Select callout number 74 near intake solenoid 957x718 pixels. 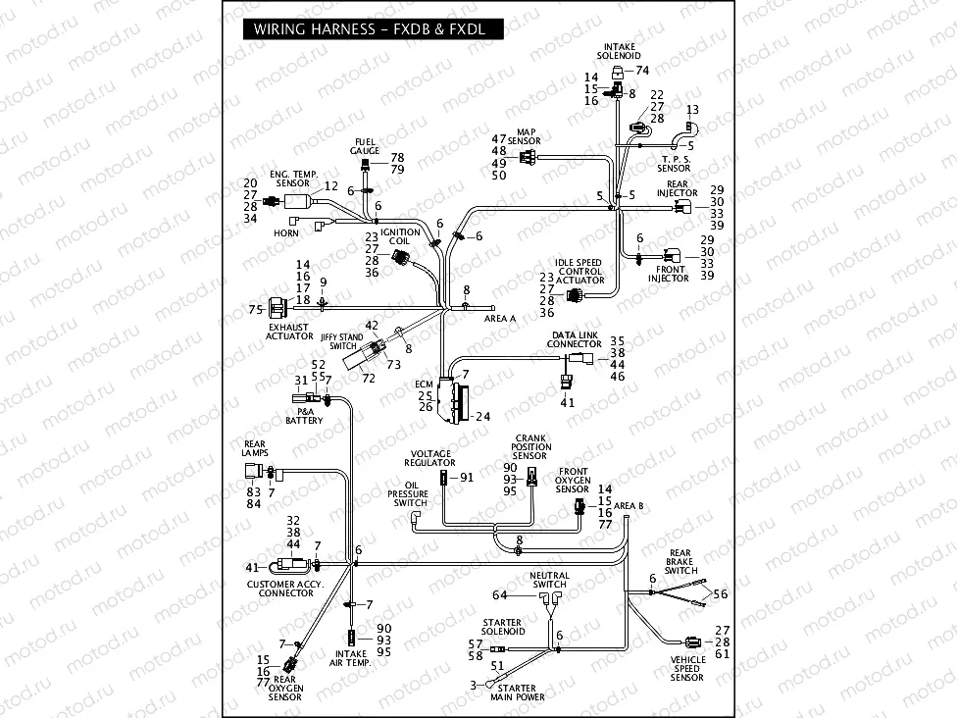coord(643,71)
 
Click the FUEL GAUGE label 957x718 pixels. coord(365,146)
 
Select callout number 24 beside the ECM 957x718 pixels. coord(482,417)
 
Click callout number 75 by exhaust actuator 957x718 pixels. coord(255,309)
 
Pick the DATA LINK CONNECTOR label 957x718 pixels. coord(575,340)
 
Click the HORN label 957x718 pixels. coord(286,233)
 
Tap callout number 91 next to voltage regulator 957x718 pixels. coord(467,478)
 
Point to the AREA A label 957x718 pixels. coord(500,319)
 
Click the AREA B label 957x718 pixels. coord(628,505)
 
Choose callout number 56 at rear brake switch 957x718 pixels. coord(721,594)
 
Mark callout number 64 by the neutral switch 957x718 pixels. coord(500,595)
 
